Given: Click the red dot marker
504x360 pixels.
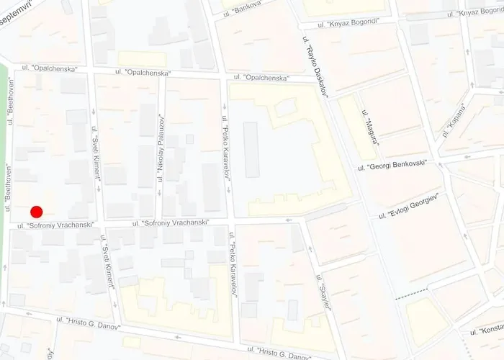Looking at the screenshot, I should click(x=37, y=212).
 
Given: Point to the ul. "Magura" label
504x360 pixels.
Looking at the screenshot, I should click(x=372, y=126).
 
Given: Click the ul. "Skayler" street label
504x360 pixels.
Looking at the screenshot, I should click(x=323, y=292).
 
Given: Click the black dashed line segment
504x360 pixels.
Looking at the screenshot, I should click(x=410, y=294).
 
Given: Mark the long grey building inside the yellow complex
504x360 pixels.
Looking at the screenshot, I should click(x=251, y=150).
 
